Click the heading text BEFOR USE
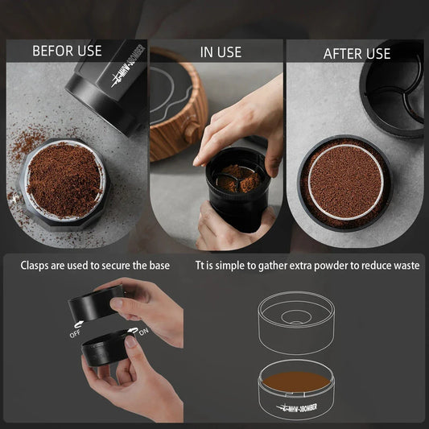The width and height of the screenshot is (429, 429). click(67, 51)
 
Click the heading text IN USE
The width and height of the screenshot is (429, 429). click(220, 52)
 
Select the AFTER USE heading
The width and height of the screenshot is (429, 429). click(357, 53)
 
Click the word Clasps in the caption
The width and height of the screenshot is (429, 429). click(37, 264)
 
